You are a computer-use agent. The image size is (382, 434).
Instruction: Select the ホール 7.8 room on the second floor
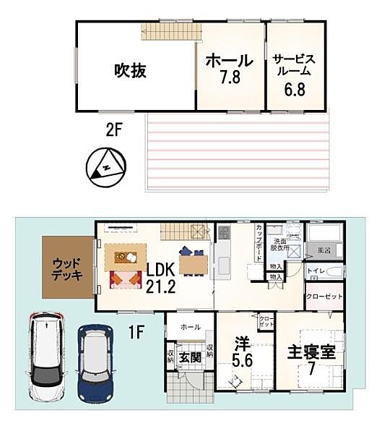click(230, 69)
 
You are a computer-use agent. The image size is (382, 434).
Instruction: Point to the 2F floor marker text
click(112, 129)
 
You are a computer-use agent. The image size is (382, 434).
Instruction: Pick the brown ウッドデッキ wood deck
click(67, 267)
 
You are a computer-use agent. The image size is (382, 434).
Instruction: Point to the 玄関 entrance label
click(190, 357)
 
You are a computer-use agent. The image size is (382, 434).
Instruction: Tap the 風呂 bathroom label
click(323, 250)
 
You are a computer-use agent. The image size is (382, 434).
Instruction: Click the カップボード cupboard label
click(259, 242)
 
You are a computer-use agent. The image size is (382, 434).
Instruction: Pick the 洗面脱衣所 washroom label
click(279, 244)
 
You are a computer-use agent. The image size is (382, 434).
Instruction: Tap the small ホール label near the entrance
click(191, 327)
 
